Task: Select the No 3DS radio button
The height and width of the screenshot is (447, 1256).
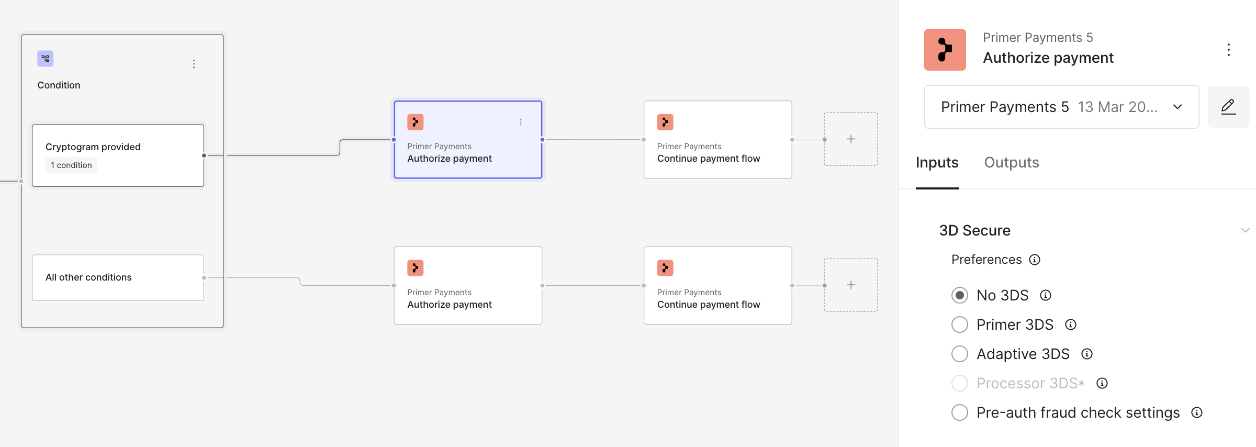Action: (959, 295)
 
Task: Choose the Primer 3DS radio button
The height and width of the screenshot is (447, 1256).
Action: (959, 325)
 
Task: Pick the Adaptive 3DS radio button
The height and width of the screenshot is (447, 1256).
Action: (959, 354)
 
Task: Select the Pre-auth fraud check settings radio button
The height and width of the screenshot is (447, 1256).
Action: (959, 412)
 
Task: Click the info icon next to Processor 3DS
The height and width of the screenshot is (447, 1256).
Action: (1102, 383)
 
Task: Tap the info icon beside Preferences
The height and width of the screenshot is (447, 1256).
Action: (1035, 260)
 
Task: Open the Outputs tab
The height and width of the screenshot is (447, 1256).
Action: (1012, 163)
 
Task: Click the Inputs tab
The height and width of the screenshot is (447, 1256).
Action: (937, 163)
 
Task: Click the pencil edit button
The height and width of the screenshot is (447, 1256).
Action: (1228, 107)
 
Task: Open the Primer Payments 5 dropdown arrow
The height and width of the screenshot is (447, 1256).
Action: (1177, 107)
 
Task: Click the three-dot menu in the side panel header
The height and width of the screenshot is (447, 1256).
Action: (1228, 50)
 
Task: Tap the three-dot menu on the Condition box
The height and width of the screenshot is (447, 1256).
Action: (194, 64)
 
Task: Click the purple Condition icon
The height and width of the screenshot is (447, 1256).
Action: (46, 59)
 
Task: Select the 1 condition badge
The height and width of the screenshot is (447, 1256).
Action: (71, 165)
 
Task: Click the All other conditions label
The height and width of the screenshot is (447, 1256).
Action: (88, 277)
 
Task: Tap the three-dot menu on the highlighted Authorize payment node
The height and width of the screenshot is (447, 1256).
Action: (521, 122)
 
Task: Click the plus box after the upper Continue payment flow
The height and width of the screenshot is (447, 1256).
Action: (851, 139)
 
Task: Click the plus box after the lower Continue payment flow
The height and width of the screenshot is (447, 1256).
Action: (851, 285)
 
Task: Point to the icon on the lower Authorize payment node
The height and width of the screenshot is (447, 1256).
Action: (416, 268)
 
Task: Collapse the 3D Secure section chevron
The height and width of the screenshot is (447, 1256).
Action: (1245, 230)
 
